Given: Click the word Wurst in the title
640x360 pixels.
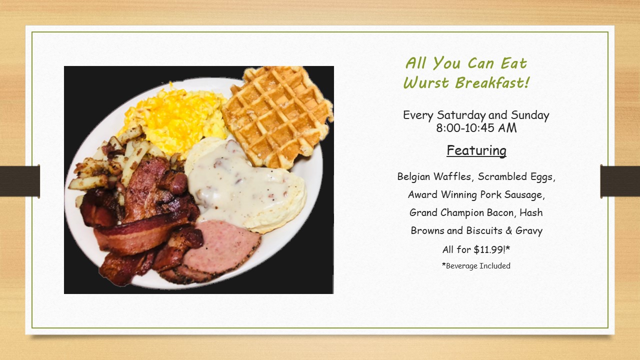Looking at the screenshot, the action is tap(426, 83).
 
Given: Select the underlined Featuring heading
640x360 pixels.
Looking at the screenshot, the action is tap(476, 150).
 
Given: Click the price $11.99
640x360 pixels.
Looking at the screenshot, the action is tap(489, 249).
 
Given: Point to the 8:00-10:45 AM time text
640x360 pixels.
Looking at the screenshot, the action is tap(476, 127).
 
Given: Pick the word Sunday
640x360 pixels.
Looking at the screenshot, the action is tap(530, 115).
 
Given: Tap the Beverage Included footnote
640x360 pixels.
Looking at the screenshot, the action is tap(476, 265).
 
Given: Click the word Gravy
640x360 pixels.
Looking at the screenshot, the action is tap(529, 231).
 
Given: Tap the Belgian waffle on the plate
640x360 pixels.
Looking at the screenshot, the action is tap(277, 115).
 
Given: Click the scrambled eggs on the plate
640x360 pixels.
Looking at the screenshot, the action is tap(175, 120).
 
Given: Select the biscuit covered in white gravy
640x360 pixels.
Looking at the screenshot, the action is tap(245, 185).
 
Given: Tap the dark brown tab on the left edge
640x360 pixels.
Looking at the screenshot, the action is tap(19, 181).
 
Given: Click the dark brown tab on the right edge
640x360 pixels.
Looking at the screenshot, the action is tap(620, 181).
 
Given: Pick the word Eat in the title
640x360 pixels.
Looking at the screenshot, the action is tap(513, 63).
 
